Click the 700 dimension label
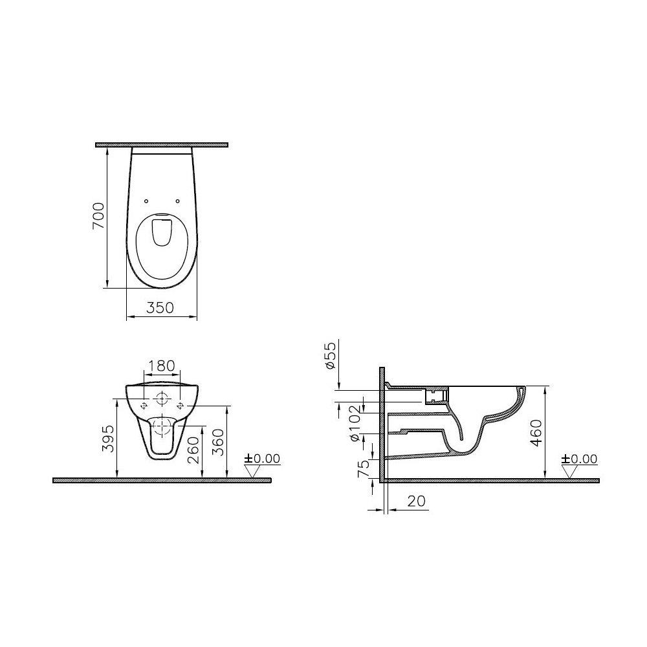pos(99,216)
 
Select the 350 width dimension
pos(160,307)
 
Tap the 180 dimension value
pos(161,366)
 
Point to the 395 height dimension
pos(109,439)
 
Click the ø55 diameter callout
pos(331,355)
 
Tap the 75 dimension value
pos(363,469)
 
